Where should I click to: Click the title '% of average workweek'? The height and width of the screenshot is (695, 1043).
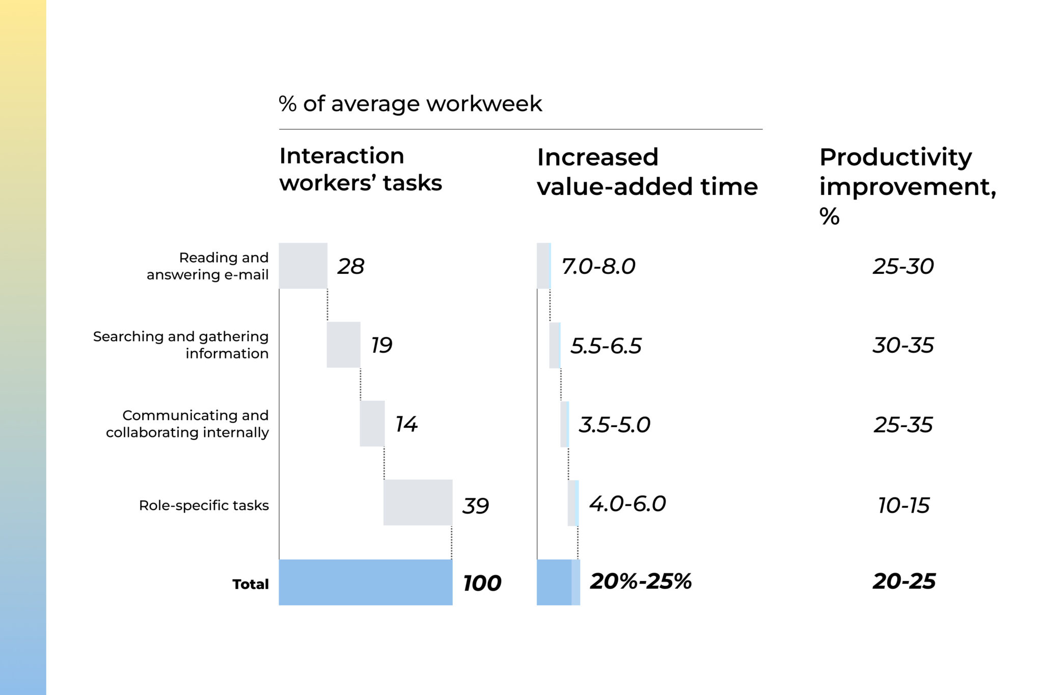click(410, 104)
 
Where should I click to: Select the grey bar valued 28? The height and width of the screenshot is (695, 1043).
click(303, 266)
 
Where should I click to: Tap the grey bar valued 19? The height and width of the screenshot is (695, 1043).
click(343, 345)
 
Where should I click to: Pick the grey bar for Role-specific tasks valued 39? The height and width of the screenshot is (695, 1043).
click(418, 503)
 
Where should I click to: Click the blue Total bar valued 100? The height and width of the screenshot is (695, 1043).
click(365, 582)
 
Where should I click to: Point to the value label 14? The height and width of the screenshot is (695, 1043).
click(406, 424)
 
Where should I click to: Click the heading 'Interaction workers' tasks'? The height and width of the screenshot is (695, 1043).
click(360, 169)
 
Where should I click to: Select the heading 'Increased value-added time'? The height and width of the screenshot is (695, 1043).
click(647, 172)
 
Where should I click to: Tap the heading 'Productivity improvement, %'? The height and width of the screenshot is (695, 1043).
click(907, 185)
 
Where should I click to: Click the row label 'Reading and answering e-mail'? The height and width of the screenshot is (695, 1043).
click(208, 266)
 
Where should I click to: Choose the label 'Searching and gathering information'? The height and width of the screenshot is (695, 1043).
click(181, 345)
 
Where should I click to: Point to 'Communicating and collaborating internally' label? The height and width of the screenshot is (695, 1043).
click(187, 424)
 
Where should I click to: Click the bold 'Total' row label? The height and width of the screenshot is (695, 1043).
click(250, 584)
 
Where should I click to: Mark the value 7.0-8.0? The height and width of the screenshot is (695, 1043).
click(598, 266)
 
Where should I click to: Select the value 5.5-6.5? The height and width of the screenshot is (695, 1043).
click(606, 346)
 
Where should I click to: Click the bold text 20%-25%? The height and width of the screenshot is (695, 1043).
click(641, 581)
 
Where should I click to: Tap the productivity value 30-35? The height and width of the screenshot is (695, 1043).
click(903, 345)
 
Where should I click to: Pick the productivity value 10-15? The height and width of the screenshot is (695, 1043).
click(903, 506)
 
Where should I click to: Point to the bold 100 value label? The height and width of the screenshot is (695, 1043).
click(482, 583)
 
